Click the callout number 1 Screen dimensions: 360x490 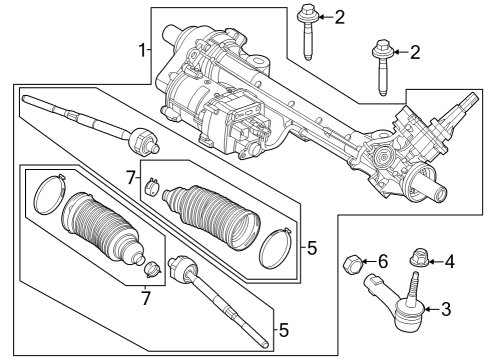click(142, 48)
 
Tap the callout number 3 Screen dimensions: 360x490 click(446, 309)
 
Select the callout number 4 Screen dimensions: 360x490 click(449, 262)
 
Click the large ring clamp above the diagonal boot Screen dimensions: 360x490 click(47, 192)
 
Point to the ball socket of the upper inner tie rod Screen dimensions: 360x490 click(140, 138)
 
